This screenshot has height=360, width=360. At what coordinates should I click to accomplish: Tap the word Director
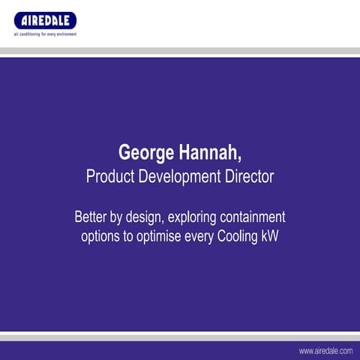click(249, 178)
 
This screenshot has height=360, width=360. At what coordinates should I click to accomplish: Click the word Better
click(91, 218)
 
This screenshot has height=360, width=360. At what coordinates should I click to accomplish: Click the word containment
click(255, 218)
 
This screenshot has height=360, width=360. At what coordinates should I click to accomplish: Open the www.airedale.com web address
click(325, 350)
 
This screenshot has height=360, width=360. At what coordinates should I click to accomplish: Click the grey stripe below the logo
click(180, 51)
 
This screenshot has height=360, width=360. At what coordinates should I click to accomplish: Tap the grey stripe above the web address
click(180, 337)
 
